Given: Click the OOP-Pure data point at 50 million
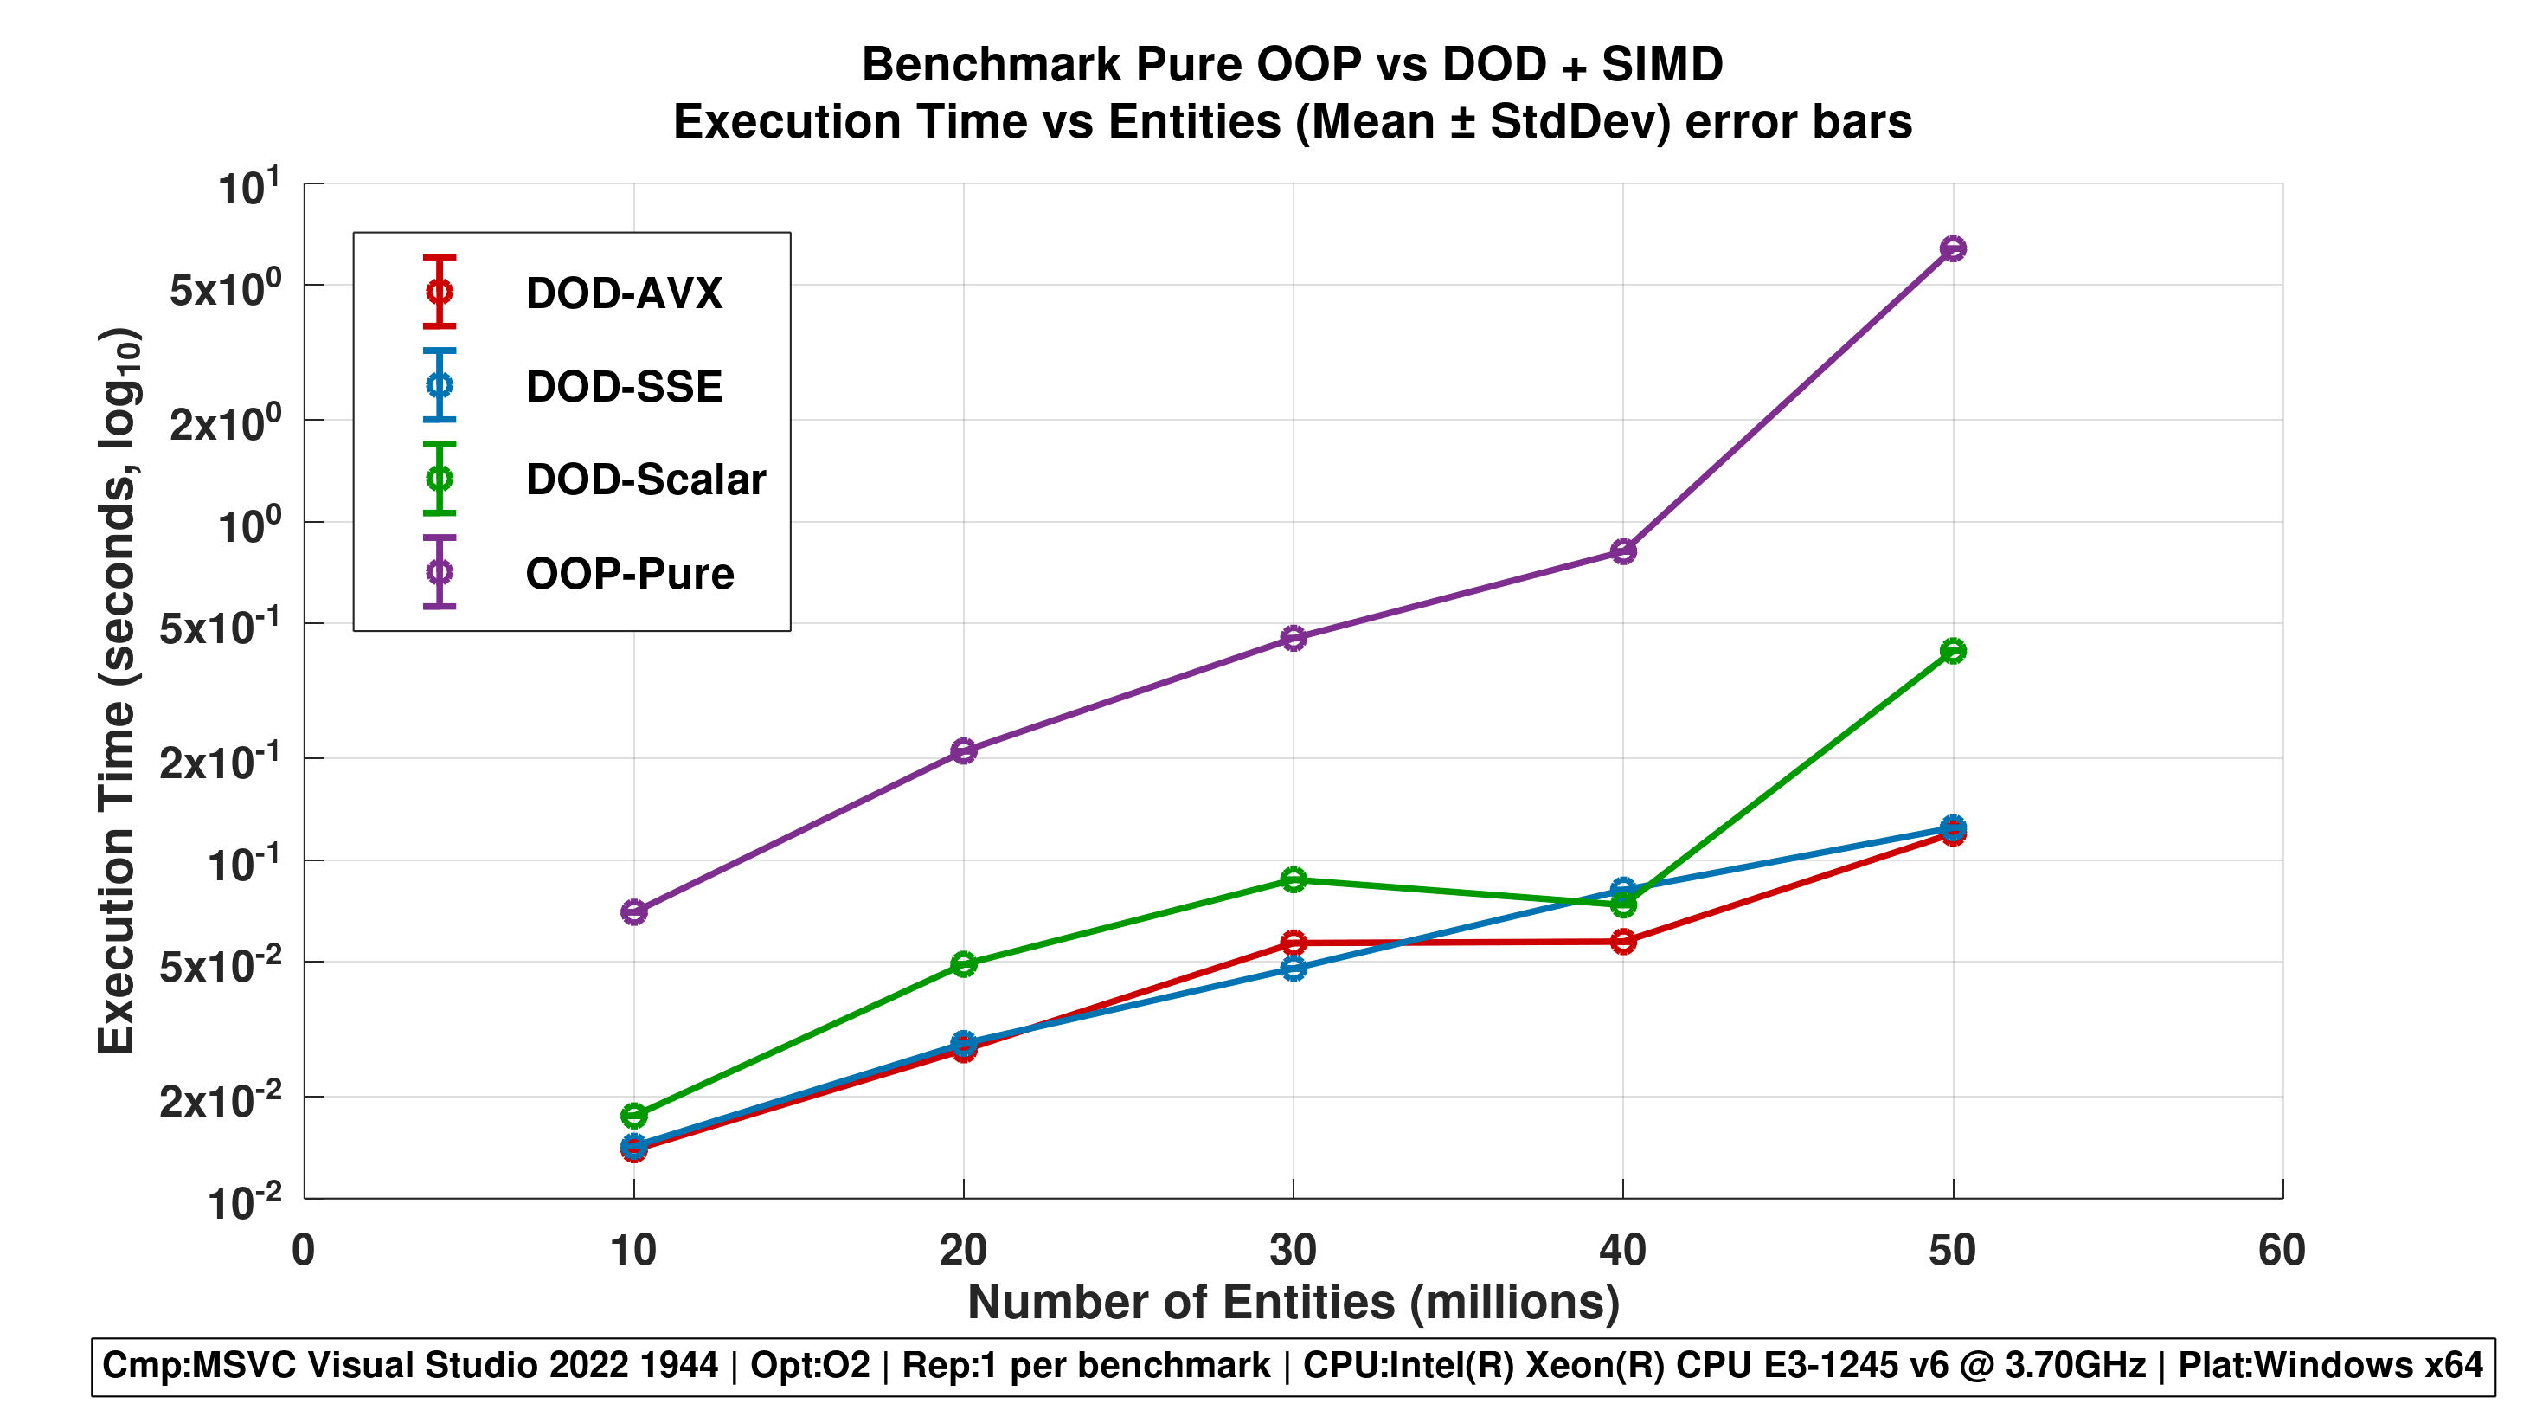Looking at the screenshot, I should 1952,248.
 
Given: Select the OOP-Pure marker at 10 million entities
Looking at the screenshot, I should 634,911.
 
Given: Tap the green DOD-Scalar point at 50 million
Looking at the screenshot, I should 1952,651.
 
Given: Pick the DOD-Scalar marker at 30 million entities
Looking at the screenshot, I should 1294,879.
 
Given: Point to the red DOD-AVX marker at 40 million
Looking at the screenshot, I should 1623,943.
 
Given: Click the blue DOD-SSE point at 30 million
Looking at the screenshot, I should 1294,969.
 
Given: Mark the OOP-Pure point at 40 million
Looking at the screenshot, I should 1623,551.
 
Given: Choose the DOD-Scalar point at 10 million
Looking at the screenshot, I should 634,1116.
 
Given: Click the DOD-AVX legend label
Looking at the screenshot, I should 623,293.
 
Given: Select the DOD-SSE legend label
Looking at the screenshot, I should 623,387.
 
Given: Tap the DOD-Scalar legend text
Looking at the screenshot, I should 645,480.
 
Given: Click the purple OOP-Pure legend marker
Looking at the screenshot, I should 439,572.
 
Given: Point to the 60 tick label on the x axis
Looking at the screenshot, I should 2281,1251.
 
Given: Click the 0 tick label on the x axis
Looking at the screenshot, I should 303,1251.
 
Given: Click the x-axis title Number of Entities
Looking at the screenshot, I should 1293,1302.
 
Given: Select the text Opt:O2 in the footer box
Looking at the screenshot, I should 809,1366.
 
